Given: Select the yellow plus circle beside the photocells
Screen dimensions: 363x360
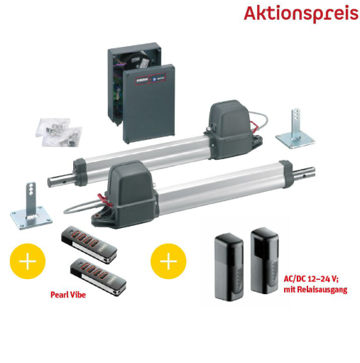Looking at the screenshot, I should click(x=168, y=261).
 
